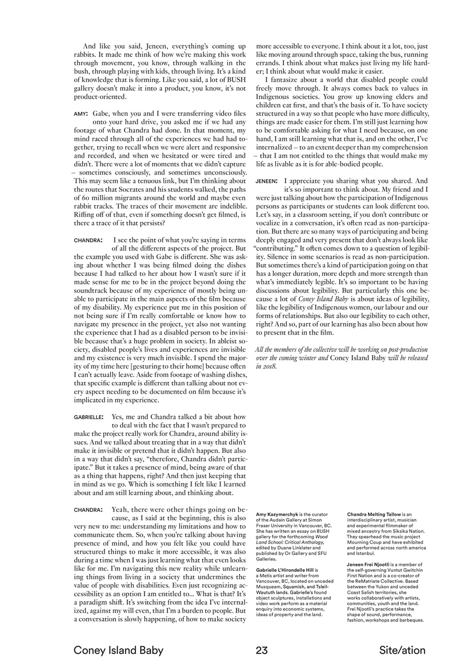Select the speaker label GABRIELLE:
[x=88, y=417]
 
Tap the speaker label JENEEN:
[x=267, y=181]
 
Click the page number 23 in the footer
[x=262, y=650]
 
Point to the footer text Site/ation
[x=402, y=650]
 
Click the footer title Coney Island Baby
[x=118, y=650]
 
